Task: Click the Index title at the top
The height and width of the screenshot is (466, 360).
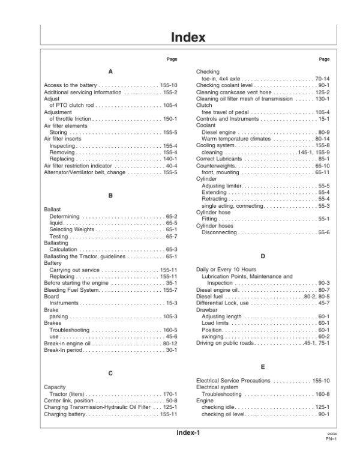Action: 188,37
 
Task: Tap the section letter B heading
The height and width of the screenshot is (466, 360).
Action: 110,195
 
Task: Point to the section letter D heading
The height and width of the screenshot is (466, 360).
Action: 263,256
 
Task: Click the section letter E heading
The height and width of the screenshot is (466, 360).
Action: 263,366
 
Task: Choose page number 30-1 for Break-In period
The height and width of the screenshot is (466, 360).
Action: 171,350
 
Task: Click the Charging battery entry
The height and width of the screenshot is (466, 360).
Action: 66,414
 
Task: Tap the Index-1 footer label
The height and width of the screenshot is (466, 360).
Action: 188,450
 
